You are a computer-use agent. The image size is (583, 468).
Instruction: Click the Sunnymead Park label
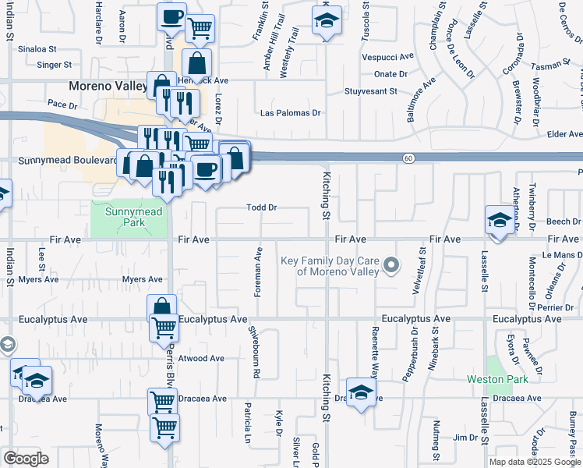(x=129, y=216)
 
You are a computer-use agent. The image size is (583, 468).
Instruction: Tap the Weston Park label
(x=498, y=379)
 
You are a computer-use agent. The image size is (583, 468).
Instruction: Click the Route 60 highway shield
(x=408, y=158)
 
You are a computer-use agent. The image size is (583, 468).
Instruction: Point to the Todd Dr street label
(x=262, y=208)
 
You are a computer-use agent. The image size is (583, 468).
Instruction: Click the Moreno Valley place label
(x=107, y=86)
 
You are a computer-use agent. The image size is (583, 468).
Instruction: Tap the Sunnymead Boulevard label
(x=59, y=161)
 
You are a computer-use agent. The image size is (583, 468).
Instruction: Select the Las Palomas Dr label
(x=291, y=113)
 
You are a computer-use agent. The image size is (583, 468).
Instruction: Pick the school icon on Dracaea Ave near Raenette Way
(x=361, y=392)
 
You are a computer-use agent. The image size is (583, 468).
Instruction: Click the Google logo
(x=26, y=459)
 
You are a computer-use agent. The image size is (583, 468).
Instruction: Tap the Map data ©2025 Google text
(x=535, y=462)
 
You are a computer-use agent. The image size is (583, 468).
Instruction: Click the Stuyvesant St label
(x=371, y=91)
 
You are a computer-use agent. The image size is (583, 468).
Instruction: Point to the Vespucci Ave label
(x=387, y=57)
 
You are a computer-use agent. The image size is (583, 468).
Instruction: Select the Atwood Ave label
(x=201, y=359)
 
